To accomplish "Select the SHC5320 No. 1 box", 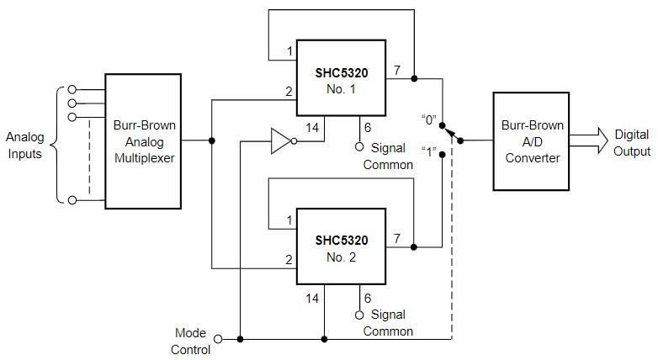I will click(341, 78).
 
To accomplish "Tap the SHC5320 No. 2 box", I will click(341, 247).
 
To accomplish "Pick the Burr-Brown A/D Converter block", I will click(532, 140).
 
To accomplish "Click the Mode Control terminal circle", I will click(219, 338).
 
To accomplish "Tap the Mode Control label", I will click(191, 341).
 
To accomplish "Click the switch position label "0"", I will click(429, 119).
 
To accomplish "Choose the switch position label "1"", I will click(429, 152).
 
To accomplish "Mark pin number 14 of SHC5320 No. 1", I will click(313, 127).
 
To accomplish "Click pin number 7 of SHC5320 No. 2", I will click(397, 238).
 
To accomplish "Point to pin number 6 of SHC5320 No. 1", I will click(367, 127).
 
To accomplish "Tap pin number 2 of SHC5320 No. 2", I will click(289, 260).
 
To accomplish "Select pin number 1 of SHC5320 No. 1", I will click(289, 51).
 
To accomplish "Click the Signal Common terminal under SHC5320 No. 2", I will click(359, 315).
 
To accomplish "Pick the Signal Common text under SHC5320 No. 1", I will click(388, 156).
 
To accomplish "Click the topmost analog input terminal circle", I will click(72, 89).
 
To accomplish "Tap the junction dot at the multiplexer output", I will click(211, 140).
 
